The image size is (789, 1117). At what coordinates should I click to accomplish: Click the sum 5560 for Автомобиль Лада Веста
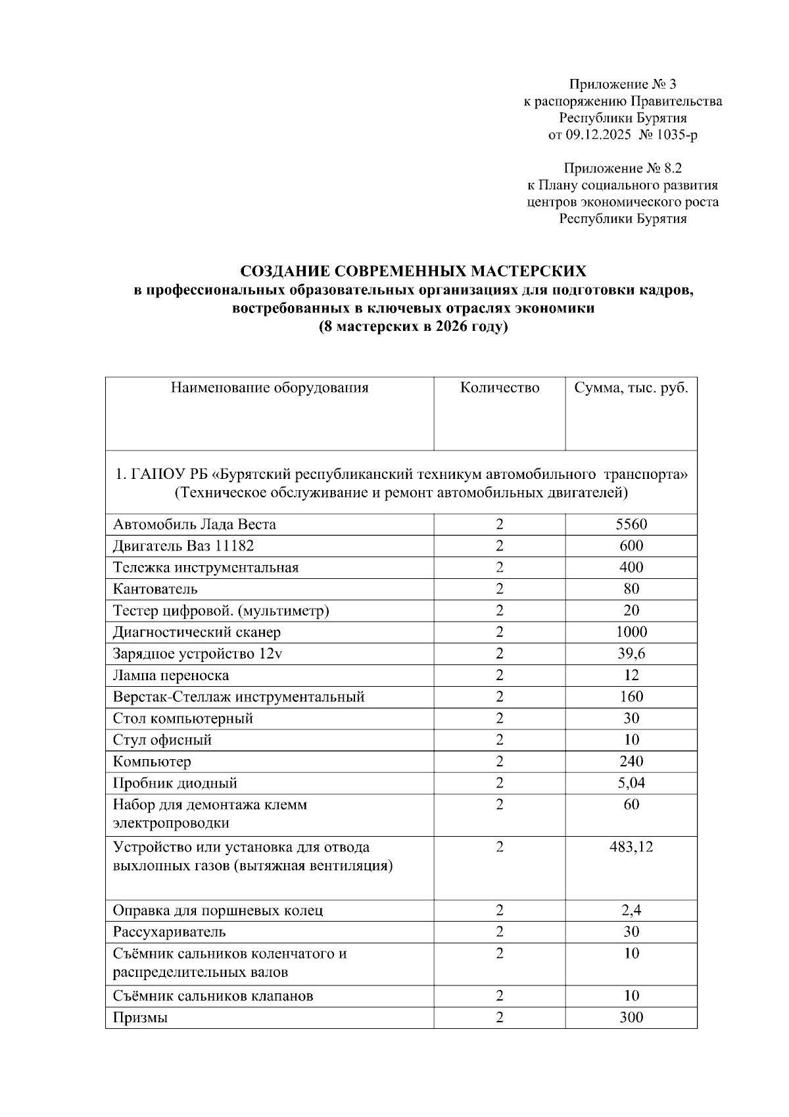tap(631, 524)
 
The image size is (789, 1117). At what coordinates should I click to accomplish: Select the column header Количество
tap(499, 388)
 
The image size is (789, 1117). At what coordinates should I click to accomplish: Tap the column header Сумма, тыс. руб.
tap(631, 388)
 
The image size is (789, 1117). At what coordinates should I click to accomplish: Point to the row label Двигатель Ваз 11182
tap(183, 546)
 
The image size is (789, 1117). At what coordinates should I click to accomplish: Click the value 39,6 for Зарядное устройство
tap(631, 654)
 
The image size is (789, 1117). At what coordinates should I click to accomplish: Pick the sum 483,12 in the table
tap(631, 847)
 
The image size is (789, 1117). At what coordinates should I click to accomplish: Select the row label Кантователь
tap(155, 589)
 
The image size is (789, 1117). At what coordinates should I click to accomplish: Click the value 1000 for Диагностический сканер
tap(631, 632)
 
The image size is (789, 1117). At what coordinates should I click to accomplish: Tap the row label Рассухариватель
tap(169, 932)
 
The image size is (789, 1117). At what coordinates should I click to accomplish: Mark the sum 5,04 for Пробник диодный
tap(631, 783)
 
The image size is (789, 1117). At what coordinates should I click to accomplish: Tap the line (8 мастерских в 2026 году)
tap(413, 327)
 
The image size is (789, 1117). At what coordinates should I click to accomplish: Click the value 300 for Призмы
tap(631, 1018)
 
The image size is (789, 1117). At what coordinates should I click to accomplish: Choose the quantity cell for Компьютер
tap(499, 762)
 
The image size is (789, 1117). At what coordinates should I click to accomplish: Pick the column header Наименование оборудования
tap(270, 388)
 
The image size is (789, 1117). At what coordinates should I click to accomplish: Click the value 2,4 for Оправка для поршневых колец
tap(631, 911)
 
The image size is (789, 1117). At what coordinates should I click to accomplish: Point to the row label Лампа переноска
tap(171, 676)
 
